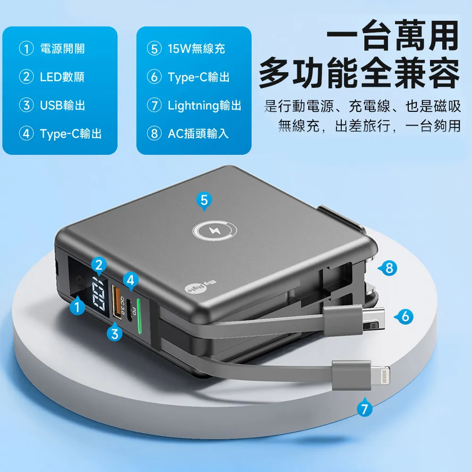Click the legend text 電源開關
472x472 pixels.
62,48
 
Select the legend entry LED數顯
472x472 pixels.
62,77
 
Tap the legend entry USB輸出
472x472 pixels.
62,105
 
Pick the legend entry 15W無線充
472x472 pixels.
196,48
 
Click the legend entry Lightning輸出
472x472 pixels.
204,105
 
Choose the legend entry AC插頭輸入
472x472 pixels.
198,134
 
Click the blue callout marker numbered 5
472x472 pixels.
203,201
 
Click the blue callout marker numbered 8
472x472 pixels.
388,269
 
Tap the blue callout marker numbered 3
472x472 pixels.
115,333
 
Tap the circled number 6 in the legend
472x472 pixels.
154,77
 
